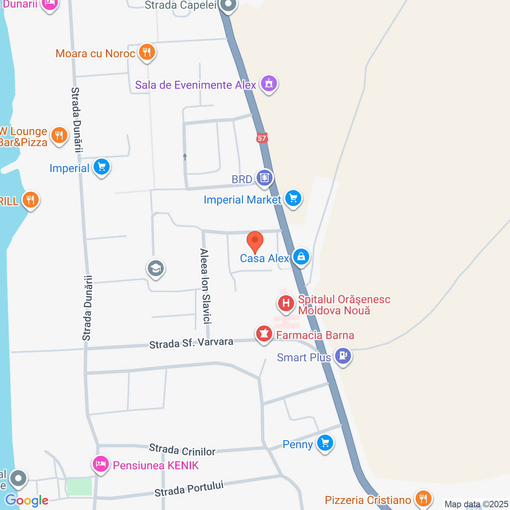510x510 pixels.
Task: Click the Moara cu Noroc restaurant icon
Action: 147,52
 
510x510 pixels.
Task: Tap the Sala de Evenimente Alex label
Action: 195,85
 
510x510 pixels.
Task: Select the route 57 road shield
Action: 261,138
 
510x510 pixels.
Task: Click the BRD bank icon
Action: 264,178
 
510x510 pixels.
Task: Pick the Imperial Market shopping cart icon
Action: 293,198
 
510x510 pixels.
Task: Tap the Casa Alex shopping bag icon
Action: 301,257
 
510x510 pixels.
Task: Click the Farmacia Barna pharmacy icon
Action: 264,333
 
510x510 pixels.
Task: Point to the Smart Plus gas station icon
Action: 343,355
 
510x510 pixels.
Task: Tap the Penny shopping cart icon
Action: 325,443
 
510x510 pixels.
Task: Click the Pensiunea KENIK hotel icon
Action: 101,464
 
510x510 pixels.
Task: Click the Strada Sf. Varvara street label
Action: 191,343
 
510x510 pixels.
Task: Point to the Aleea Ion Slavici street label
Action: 205,286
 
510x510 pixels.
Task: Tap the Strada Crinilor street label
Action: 182,450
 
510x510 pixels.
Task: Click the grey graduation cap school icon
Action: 156,269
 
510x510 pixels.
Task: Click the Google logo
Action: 27,500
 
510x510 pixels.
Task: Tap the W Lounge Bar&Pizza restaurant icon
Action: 59,136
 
